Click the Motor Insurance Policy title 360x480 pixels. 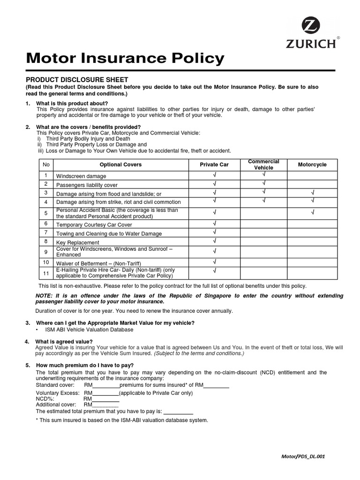tap(125, 59)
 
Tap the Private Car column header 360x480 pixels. tap(214, 165)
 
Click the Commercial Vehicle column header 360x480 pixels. tap(263, 165)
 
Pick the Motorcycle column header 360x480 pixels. tap(312, 165)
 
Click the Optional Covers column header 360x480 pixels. tap(120, 165)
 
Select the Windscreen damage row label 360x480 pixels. tap(81, 176)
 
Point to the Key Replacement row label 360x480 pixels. tap(78, 242)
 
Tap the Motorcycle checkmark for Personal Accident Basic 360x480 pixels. tap(312, 213)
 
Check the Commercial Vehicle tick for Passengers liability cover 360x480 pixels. tap(263, 184)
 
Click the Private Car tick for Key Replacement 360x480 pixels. tap(214, 241)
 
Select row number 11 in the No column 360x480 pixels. tap(46, 273)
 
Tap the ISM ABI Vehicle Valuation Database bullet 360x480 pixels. tap(88, 330)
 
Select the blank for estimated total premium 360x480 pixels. tap(178, 411)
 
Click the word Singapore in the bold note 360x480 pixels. tap(216, 296)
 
